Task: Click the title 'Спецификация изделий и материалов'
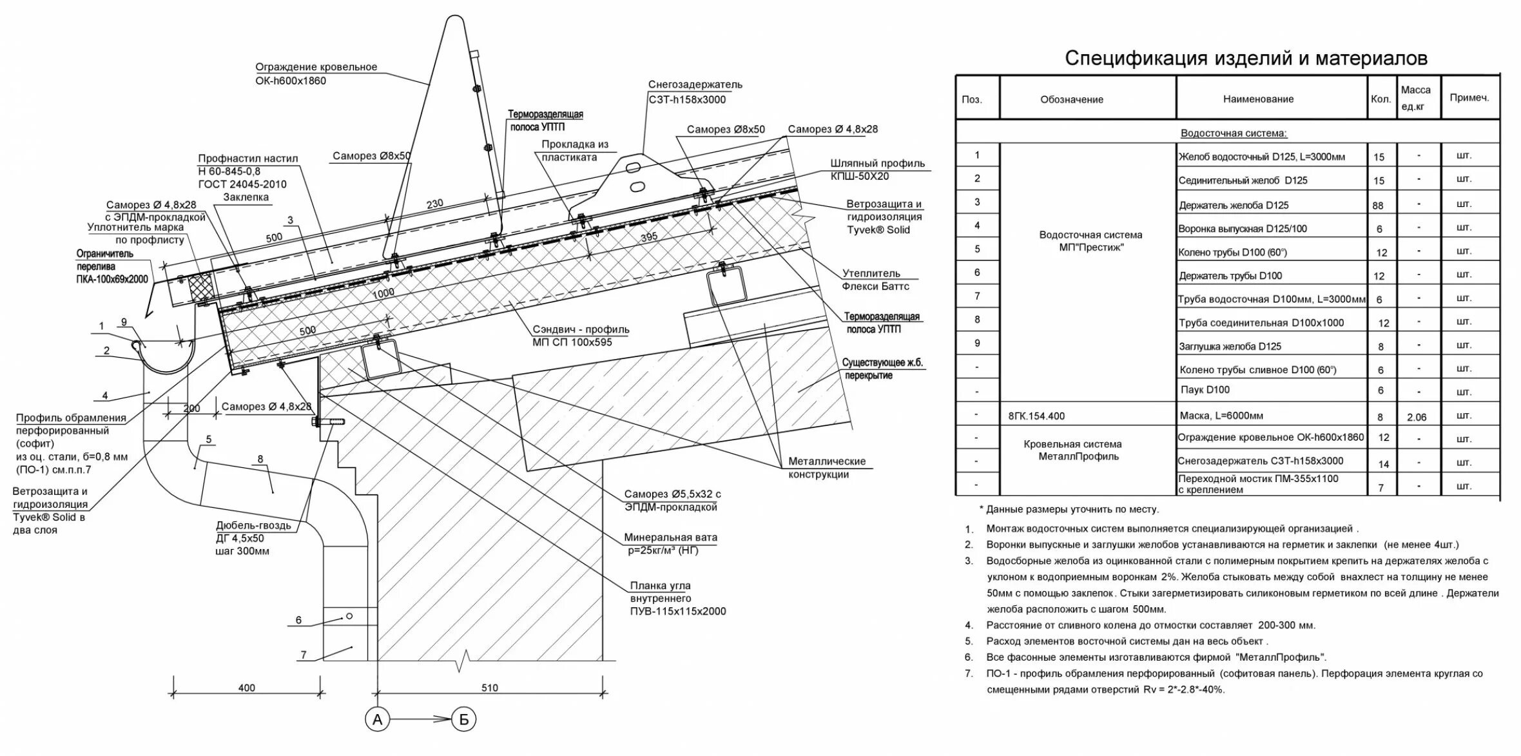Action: coord(1246,59)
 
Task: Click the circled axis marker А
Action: coord(377,719)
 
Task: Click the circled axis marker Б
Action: coord(463,719)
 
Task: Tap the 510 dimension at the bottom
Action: coord(489,688)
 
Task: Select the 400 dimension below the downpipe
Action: coord(246,688)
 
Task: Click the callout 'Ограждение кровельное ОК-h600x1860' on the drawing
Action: coord(316,74)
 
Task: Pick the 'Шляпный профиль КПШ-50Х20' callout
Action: coord(877,170)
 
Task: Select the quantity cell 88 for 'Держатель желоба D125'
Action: coord(1379,206)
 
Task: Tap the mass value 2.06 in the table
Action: coord(1417,417)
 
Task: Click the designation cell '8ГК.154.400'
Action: coord(1036,416)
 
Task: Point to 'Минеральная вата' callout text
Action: coord(670,538)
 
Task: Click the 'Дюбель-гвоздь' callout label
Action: coord(253,526)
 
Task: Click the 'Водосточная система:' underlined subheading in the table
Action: coord(1234,133)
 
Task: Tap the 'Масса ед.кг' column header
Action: coord(1416,98)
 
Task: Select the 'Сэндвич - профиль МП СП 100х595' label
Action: coord(580,336)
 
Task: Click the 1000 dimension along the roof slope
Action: coord(383,293)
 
